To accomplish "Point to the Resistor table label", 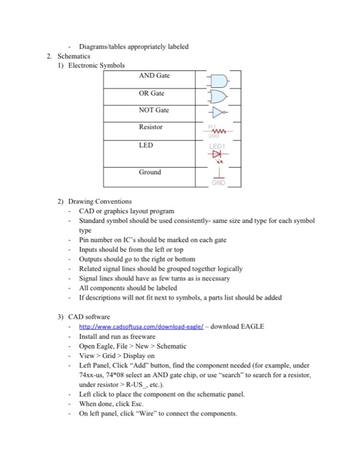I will [151, 128].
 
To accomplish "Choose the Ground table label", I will [149, 172].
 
